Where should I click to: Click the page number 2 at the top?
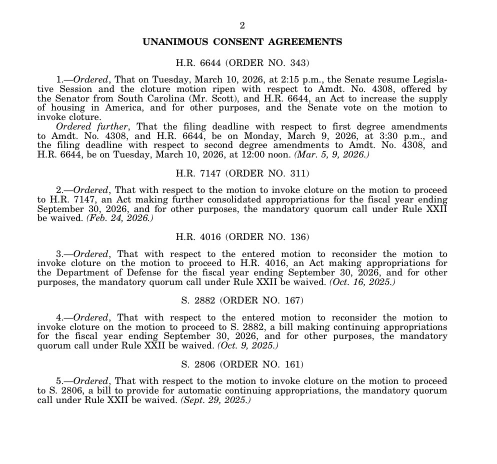click(242, 25)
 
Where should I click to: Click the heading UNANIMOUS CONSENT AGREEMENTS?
click(242, 42)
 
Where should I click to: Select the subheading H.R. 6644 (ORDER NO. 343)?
click(242, 63)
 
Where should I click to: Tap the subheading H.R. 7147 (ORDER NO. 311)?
click(242, 173)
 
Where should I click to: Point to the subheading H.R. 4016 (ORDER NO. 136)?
click(242, 237)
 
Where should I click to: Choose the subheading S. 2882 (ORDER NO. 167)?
click(242, 300)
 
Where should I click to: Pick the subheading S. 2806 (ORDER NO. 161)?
click(242, 364)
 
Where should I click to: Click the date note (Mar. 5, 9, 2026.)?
click(331, 154)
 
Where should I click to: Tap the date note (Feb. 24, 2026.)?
click(119, 218)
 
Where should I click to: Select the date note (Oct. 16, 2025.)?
click(361, 282)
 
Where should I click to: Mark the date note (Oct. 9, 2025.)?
click(247, 345)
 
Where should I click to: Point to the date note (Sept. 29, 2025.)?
click(215, 400)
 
